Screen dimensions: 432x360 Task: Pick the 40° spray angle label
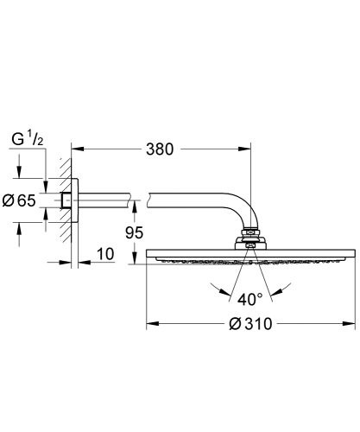[251, 300]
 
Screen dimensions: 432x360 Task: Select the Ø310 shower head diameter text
[250, 325]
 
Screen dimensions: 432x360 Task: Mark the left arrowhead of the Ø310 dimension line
[150, 324]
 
